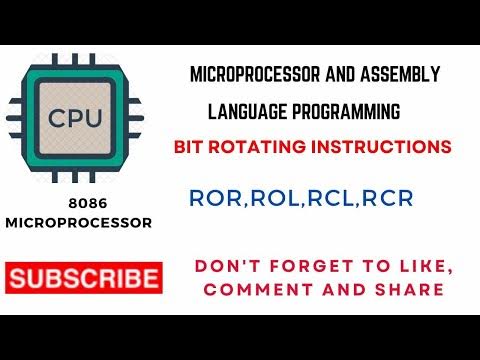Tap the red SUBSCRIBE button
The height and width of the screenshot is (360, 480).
[83, 278]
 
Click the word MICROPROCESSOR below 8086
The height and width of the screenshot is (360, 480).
[79, 224]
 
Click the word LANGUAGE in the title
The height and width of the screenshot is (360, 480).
[247, 109]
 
